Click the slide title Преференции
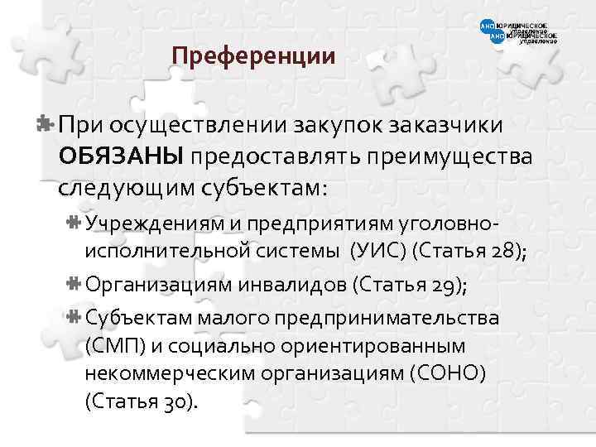click(x=252, y=57)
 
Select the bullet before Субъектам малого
click(x=73, y=317)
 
